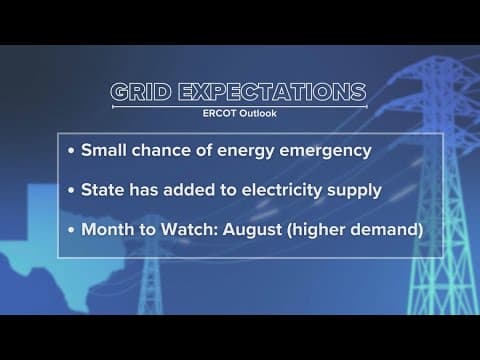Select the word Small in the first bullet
104,150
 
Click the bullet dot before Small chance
71,151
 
